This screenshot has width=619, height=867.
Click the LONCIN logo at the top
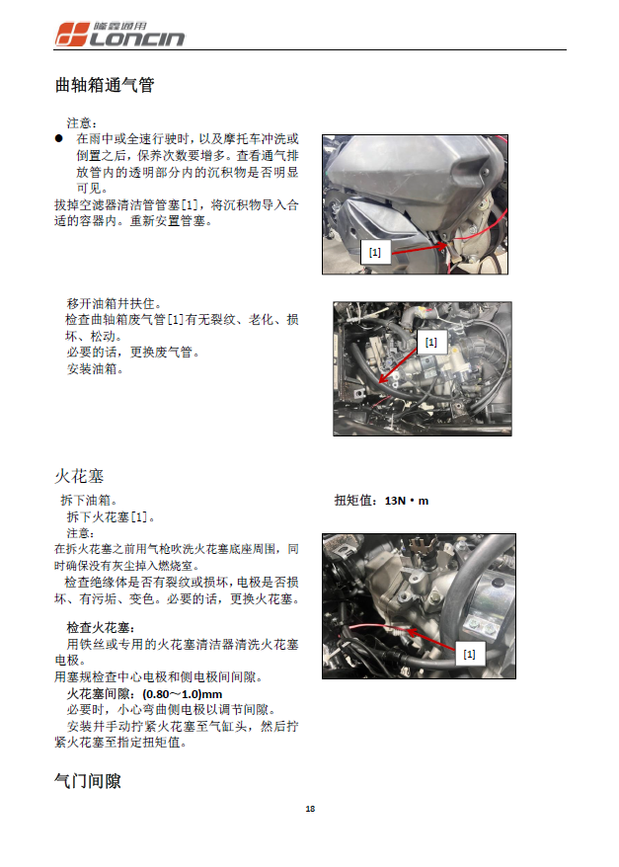(x=118, y=35)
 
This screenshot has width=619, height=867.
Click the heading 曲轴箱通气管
(x=104, y=86)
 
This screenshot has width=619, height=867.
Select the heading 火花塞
(x=79, y=475)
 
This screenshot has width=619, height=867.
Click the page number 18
(x=310, y=809)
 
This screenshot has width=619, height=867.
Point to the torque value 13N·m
(x=407, y=501)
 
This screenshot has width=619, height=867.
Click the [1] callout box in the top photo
(x=374, y=253)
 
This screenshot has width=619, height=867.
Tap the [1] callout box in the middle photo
(x=430, y=343)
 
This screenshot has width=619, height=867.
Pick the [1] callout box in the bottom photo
(x=468, y=654)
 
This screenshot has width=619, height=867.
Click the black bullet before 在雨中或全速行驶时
(x=59, y=139)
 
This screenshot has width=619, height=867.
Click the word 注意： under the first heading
(x=81, y=122)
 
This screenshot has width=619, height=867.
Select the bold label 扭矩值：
(x=358, y=501)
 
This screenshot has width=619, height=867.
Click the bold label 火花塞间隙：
(x=102, y=693)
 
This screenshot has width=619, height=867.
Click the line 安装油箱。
(x=94, y=369)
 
